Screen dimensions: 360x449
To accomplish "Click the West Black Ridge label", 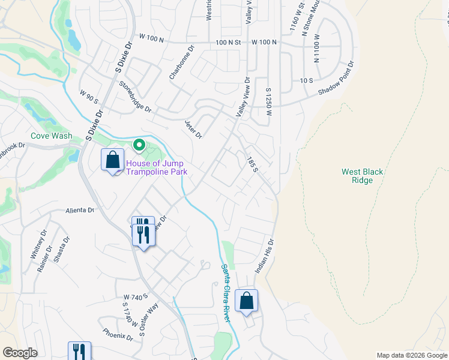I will click(x=362, y=176).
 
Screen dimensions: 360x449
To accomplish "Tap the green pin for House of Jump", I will click(x=139, y=145).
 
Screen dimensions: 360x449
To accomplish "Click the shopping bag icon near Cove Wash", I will click(x=112, y=160).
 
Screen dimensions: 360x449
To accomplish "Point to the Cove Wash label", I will click(x=53, y=136).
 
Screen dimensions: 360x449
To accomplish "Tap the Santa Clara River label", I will click(x=226, y=293).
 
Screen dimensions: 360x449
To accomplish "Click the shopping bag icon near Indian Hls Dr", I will click(x=246, y=301).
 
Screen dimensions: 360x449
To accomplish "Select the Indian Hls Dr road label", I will click(x=265, y=257).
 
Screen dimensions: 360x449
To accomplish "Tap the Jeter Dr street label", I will click(x=193, y=128).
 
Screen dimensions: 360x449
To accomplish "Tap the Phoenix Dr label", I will click(x=117, y=334).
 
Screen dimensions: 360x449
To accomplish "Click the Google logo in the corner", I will click(x=20, y=353).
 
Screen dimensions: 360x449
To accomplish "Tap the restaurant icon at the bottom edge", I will click(x=79, y=351).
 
